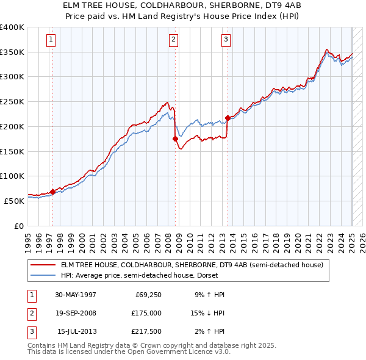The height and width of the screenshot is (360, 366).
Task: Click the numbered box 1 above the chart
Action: point(50,40)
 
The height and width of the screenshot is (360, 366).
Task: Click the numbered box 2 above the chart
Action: point(174,40)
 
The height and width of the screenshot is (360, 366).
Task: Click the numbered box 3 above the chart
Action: point(226,40)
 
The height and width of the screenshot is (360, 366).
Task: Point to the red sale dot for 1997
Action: point(52,192)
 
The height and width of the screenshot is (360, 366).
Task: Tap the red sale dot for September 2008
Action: point(176,139)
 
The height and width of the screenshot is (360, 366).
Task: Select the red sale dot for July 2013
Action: point(228,118)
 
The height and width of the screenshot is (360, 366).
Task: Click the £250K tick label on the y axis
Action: point(12,102)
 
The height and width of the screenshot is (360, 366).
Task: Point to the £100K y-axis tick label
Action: point(12,176)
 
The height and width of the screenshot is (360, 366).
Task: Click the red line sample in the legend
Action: point(43,265)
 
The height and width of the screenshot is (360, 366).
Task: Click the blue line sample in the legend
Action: point(43,275)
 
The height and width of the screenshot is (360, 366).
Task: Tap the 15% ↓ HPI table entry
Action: point(207,313)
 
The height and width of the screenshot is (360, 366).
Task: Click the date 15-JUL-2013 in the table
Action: point(77,331)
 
